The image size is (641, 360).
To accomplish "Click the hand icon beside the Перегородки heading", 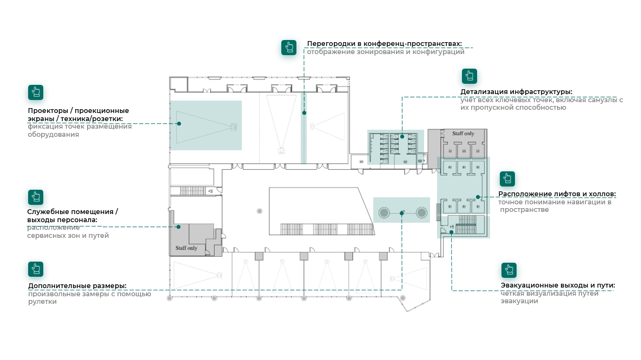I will click(x=289, y=48).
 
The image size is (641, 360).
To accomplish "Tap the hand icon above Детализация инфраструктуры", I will click(x=470, y=76).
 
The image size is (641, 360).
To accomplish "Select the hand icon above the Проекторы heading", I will click(x=36, y=92).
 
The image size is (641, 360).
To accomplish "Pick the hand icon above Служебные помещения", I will click(x=36, y=197).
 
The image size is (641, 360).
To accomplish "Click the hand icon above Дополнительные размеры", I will click(x=36, y=269).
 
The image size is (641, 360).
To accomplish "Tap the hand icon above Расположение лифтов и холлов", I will click(x=507, y=179).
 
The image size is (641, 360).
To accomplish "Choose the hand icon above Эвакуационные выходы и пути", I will click(x=509, y=270).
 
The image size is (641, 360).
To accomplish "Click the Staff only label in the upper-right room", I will click(x=459, y=134).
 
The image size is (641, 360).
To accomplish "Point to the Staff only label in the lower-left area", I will click(x=187, y=249).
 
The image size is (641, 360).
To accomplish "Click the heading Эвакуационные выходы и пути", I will click(x=558, y=285).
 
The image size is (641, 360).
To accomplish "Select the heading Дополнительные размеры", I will click(x=77, y=286).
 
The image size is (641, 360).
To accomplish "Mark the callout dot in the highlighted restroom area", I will click(x=402, y=136).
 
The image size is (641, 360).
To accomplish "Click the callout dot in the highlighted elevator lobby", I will click(x=477, y=197).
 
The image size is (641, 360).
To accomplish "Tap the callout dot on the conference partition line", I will click(x=304, y=113).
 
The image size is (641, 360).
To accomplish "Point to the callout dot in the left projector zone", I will click(x=179, y=123).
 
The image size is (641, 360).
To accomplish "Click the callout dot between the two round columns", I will click(x=402, y=213).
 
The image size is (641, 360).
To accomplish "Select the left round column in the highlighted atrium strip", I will click(x=384, y=212).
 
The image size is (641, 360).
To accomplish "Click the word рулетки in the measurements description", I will click(x=43, y=302).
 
